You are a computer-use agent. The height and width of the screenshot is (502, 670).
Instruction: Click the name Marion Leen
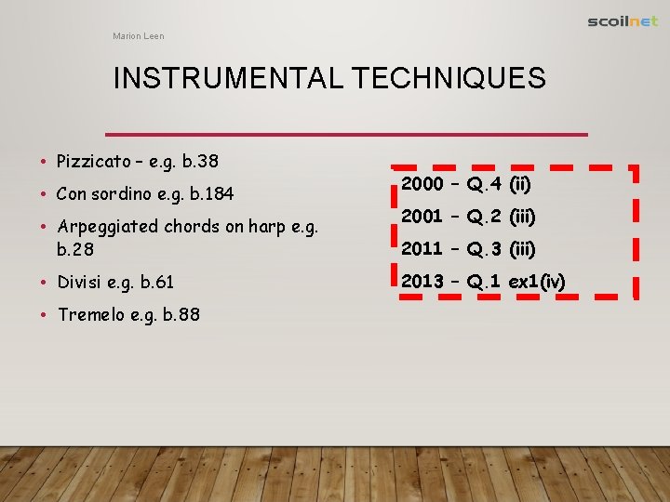(x=138, y=36)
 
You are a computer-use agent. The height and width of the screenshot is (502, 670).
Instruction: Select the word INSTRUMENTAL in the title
(x=228, y=79)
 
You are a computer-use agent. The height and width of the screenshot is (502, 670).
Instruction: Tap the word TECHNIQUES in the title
(x=449, y=79)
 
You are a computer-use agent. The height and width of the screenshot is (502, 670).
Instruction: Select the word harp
(x=266, y=226)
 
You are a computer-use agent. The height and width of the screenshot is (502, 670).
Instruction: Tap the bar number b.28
(x=76, y=249)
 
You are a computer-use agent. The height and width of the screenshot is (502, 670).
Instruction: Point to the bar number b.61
(x=155, y=282)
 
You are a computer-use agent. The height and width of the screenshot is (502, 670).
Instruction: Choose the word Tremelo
(x=90, y=314)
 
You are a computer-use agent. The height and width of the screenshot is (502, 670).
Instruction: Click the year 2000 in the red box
(x=422, y=185)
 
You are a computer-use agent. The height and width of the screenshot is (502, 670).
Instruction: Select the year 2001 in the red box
(x=421, y=218)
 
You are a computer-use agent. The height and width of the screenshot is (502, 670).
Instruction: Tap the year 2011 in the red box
(x=421, y=249)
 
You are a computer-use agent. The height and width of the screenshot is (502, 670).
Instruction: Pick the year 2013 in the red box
(x=422, y=282)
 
